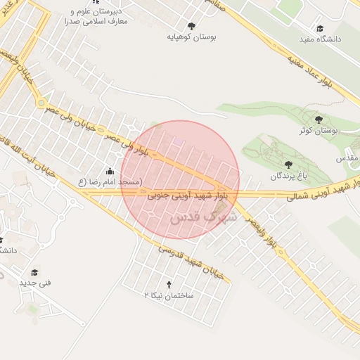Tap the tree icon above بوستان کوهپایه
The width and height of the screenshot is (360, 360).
pos(191,25)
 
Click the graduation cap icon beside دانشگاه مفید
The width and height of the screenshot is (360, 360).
pos(320,29)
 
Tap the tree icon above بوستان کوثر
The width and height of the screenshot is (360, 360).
pos(319,120)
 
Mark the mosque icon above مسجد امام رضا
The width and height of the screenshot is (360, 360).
pos(109,172)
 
